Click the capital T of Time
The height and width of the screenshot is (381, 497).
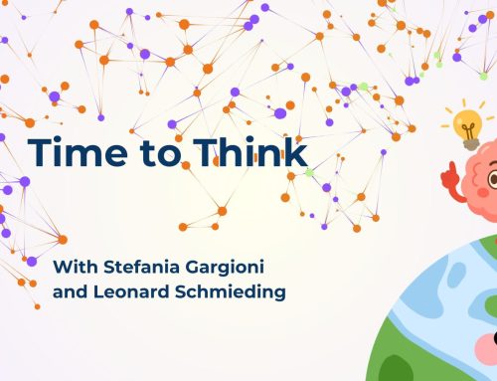[37, 152]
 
